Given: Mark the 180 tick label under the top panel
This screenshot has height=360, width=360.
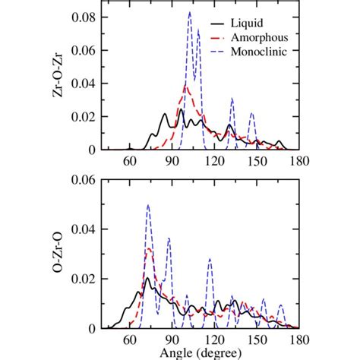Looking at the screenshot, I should click(x=298, y=161).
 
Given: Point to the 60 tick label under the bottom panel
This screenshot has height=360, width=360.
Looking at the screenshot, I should click(x=129, y=340).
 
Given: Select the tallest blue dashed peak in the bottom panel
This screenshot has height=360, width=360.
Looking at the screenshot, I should click(x=148, y=206).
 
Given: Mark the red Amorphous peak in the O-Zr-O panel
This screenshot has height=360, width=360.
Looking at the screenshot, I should click(x=149, y=249).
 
